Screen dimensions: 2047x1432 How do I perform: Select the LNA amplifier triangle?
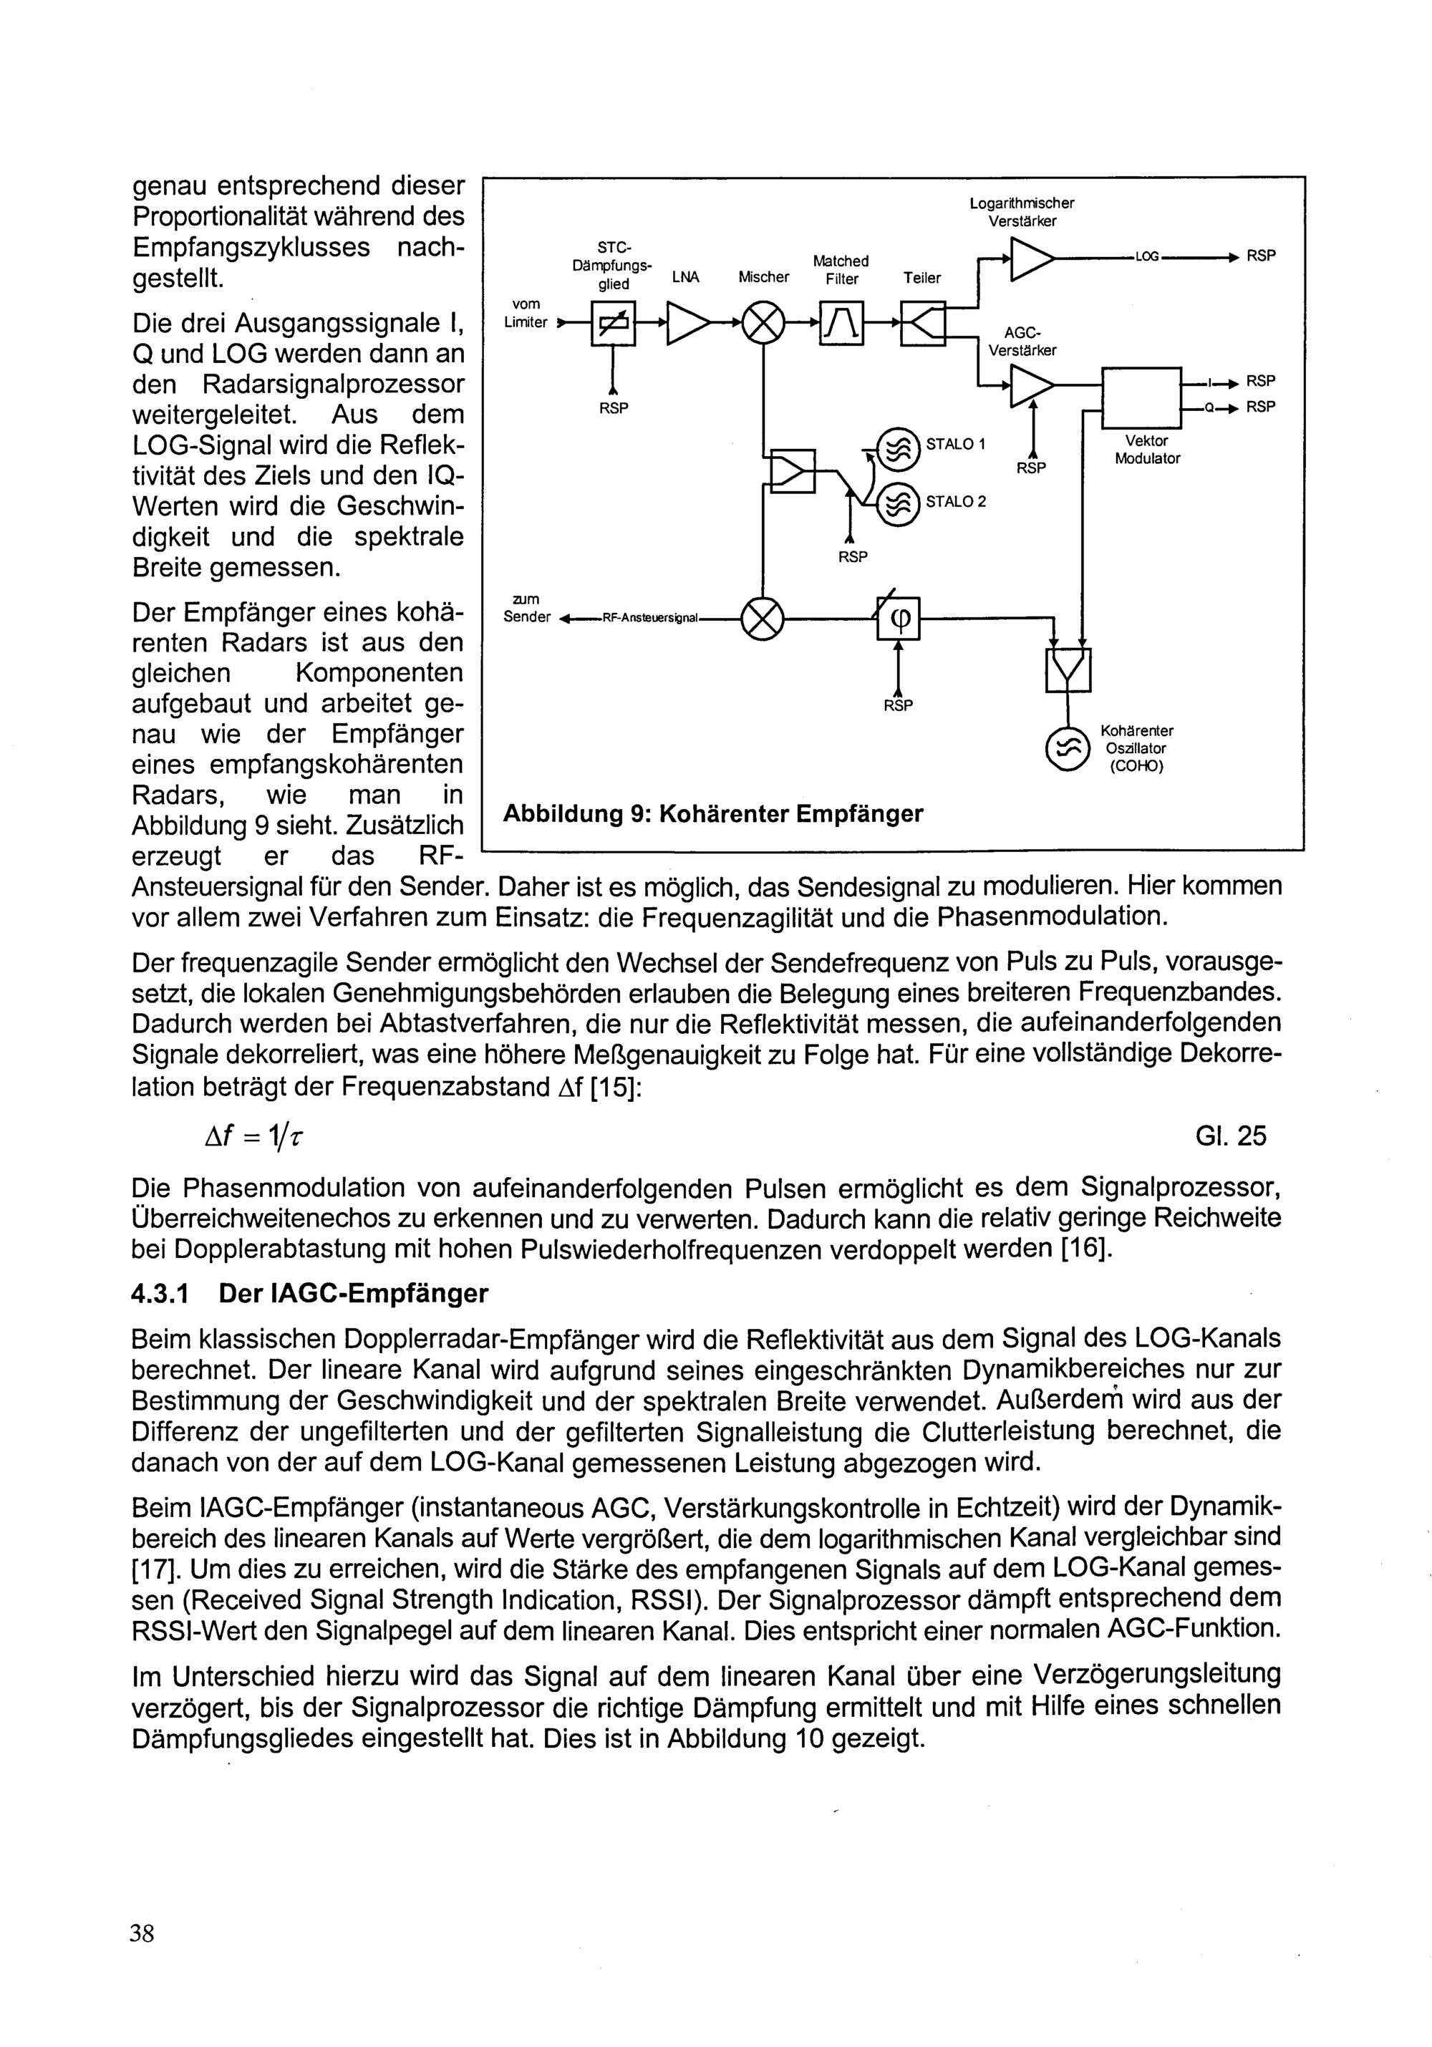(687, 322)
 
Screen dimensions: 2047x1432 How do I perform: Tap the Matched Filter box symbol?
(841, 322)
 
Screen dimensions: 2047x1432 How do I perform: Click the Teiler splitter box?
(922, 322)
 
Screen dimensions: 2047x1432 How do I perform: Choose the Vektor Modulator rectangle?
(1141, 397)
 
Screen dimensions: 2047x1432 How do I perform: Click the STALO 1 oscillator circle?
(898, 447)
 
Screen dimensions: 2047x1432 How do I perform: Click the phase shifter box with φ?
(898, 618)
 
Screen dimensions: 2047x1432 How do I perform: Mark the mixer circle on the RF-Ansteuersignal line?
(763, 617)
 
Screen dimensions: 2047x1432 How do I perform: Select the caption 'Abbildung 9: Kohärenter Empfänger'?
(712, 814)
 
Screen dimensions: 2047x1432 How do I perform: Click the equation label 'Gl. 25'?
(1231, 1136)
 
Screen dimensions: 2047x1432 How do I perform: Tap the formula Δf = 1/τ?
(258, 1136)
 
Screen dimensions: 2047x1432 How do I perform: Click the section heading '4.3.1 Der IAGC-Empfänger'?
(309, 1294)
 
